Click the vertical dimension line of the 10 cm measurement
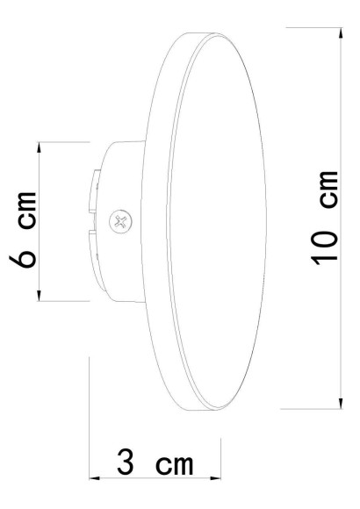tap(340, 132)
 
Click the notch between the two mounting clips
tap(93, 221)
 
